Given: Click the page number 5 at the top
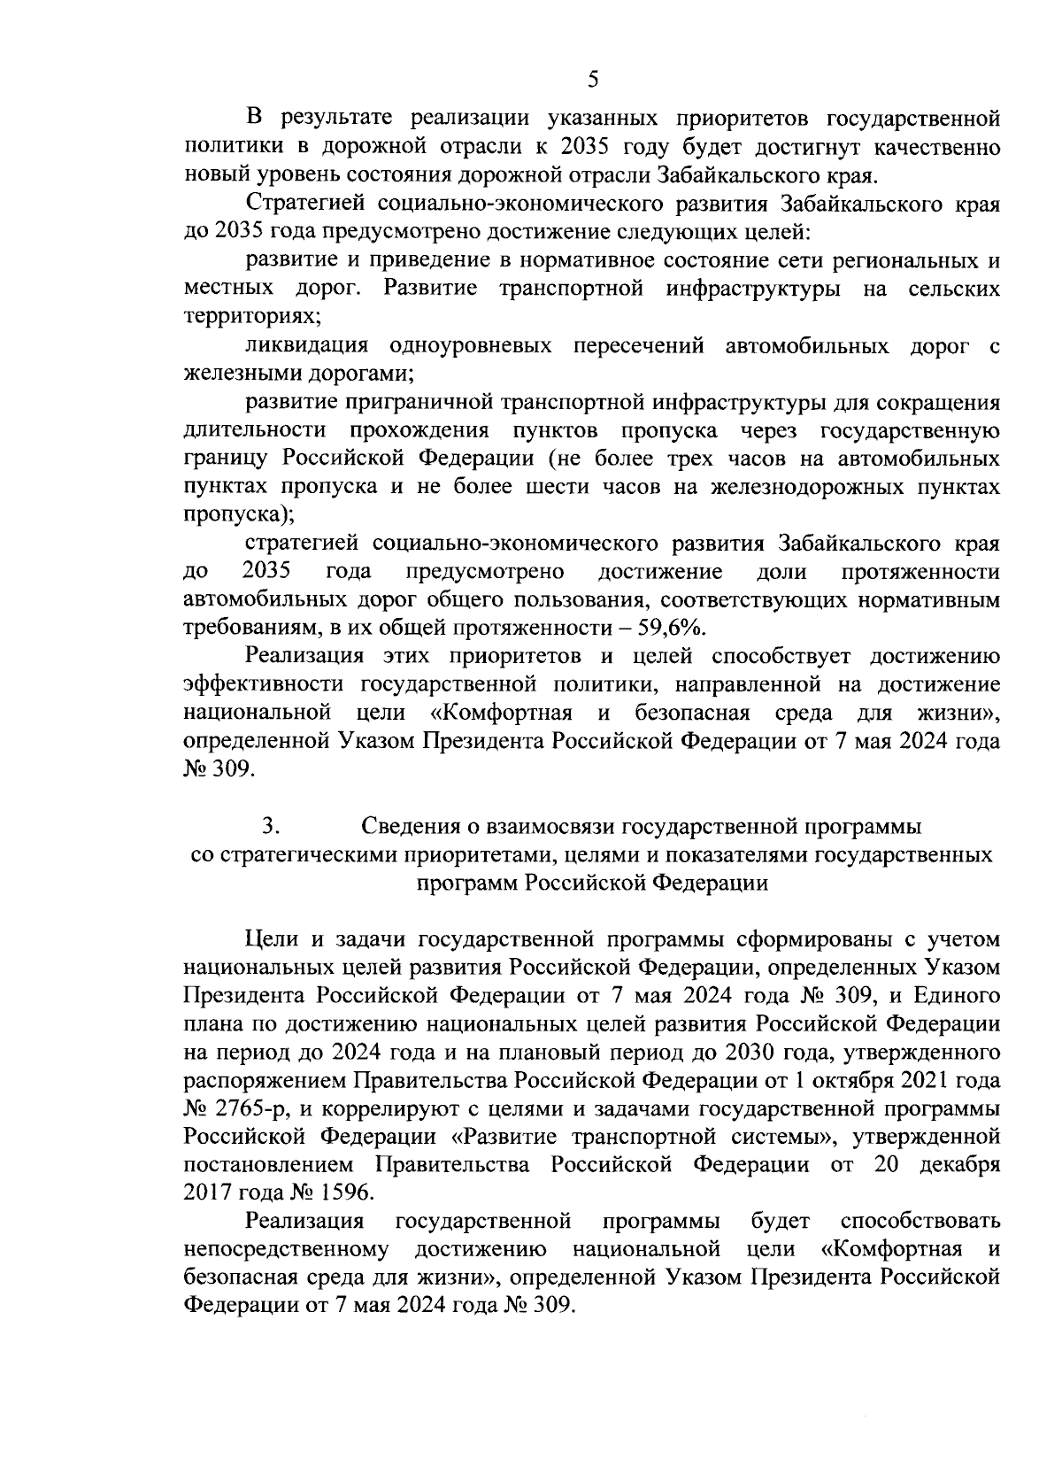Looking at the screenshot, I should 593,80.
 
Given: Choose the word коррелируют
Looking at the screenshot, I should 391,1108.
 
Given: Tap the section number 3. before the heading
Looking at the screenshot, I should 271,827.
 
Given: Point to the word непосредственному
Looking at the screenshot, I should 288,1249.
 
